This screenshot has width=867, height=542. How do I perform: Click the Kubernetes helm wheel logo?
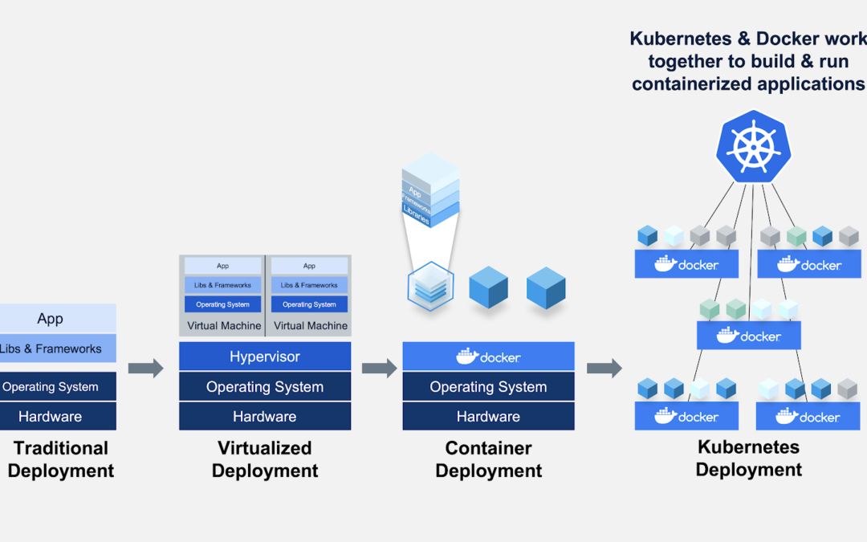[748, 146]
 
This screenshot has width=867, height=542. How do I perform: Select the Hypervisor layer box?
[265, 357]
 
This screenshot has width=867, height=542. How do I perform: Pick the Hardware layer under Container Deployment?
[488, 416]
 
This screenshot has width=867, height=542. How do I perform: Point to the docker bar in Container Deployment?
[488, 357]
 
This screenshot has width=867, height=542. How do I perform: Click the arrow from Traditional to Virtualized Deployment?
[145, 369]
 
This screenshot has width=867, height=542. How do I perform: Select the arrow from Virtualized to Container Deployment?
[379, 369]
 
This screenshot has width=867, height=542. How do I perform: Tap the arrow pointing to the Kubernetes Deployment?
[604, 369]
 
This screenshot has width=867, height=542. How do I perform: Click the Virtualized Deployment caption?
[265, 459]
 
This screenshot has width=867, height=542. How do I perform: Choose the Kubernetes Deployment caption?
[749, 458]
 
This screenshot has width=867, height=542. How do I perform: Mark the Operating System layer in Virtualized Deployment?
[265, 386]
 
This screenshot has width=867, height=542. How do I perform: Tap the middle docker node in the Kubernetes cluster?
[749, 336]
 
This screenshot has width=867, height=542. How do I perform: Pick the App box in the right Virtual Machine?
[309, 266]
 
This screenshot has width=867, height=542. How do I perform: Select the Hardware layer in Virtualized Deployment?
[265, 416]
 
